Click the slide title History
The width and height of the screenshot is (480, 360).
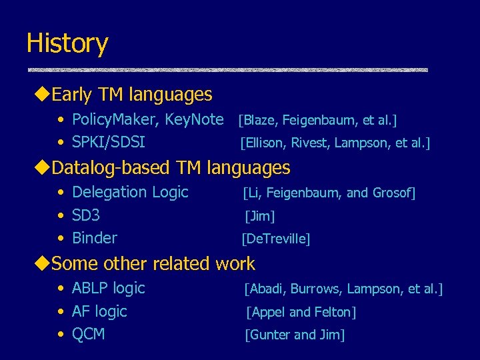tap(67, 43)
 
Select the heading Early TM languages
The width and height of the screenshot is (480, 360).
tap(131, 95)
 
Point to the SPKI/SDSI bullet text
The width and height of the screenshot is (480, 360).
tap(108, 142)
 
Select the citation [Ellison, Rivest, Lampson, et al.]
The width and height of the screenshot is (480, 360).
tap(335, 143)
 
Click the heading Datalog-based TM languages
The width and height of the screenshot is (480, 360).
tap(171, 167)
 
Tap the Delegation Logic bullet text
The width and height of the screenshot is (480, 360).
tap(130, 193)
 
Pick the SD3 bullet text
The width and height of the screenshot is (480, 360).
tap(86, 215)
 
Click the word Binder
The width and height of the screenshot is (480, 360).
tap(94, 238)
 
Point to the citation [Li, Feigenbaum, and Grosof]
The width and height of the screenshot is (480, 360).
tap(329, 193)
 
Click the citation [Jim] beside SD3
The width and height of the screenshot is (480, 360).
tap(260, 216)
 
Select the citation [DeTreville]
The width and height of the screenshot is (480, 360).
tap(276, 239)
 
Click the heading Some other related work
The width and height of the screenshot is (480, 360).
tap(153, 263)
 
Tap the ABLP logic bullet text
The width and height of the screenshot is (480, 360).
tap(108, 289)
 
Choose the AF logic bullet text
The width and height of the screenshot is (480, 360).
tap(99, 311)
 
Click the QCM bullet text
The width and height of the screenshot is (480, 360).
tap(88, 334)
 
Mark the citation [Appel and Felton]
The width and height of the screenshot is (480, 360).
tap(301, 312)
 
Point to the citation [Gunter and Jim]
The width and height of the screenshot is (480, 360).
tap(295, 335)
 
